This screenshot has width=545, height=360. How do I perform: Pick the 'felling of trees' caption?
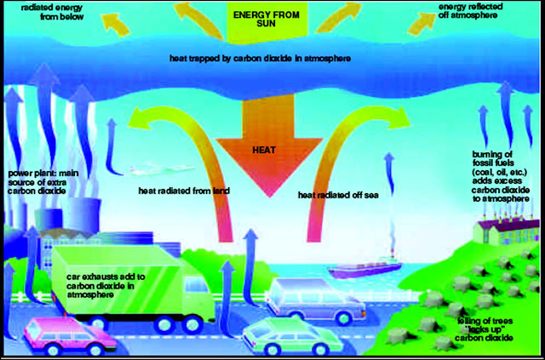(484, 329)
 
